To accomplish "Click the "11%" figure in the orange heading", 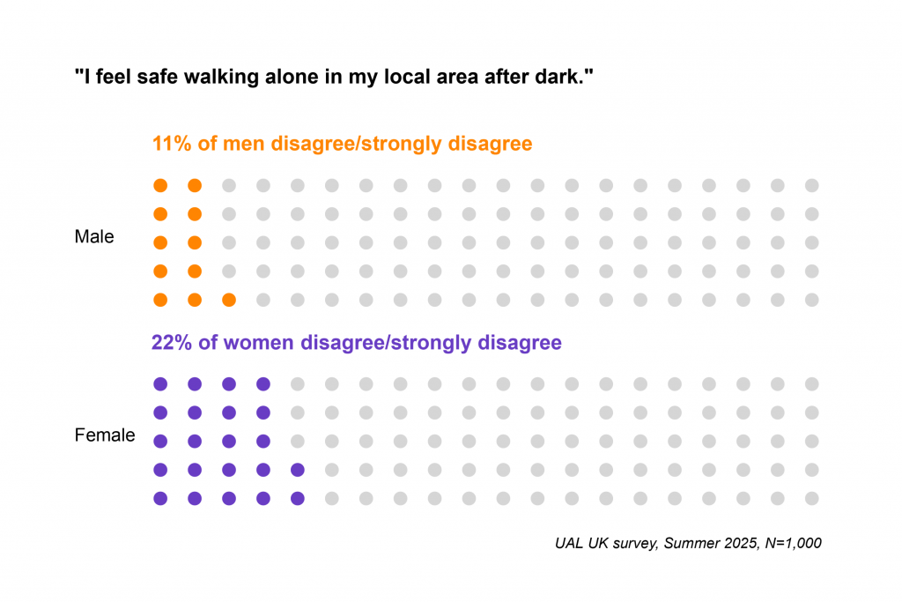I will tap(171, 144).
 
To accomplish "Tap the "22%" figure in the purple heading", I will tap(171, 342).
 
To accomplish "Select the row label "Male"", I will tap(94, 237).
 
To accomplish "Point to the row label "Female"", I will tap(105, 435).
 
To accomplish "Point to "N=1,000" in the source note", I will tap(790, 543).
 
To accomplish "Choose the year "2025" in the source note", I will tap(736, 543).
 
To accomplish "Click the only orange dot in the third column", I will tap(229, 300).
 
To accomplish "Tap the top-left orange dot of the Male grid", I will tap(160, 185).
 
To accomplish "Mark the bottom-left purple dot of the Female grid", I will tap(160, 499).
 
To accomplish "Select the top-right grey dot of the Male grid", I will tap(812, 185).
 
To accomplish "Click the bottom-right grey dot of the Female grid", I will tap(812, 499).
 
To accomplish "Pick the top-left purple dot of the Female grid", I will tap(160, 384).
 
